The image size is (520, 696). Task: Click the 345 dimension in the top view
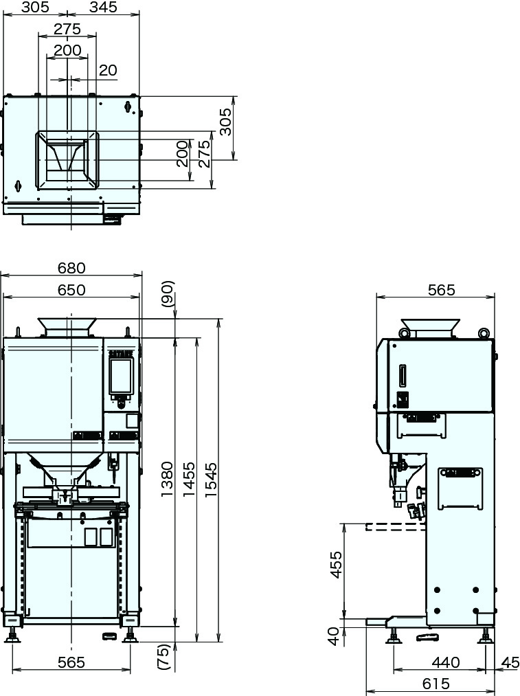coord(103,8)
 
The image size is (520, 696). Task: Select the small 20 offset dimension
coord(108,70)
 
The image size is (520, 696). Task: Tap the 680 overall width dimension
coord(71,268)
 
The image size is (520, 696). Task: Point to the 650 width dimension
coord(71,290)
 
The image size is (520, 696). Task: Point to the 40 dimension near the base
coord(334,636)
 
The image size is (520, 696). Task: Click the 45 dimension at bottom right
coord(510,662)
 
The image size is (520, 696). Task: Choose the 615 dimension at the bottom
coord(436,684)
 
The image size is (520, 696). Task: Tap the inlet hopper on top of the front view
coord(67,326)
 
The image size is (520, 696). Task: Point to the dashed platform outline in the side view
coord(394,527)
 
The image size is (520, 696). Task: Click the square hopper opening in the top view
coord(67,159)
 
